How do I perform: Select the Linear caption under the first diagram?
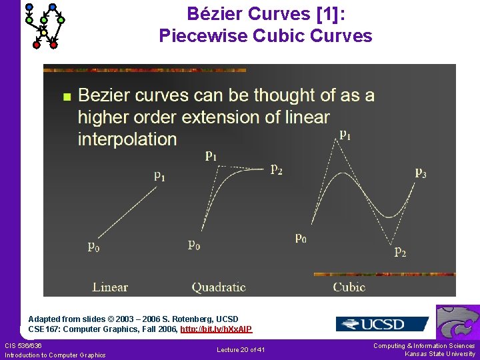110,287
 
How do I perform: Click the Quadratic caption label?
219,287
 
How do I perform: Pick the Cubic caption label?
349,287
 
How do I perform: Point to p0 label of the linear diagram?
94,246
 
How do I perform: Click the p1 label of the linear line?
160,176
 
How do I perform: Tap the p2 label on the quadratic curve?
276,169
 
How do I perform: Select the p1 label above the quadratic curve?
211,156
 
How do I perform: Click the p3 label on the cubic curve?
421,172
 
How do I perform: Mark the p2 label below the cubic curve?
400,252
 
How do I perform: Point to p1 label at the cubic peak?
345,134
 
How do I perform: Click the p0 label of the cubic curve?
301,237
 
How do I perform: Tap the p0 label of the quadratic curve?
194,245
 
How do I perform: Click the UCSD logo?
382,324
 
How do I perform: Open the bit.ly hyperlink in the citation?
216,329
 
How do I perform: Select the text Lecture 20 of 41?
241,350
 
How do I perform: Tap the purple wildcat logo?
457,322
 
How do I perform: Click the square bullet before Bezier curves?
65,97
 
